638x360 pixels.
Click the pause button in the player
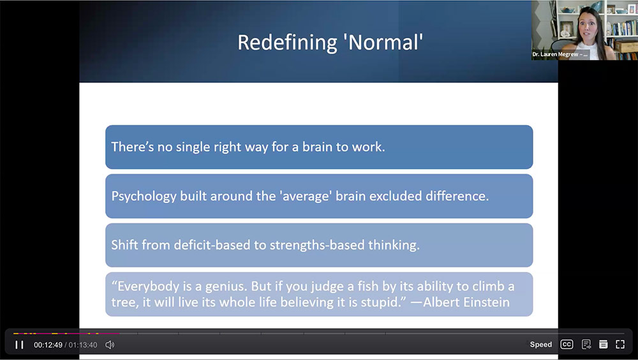coord(19,345)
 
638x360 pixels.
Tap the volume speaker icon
coord(110,345)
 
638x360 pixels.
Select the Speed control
coord(541,345)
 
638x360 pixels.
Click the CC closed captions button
coord(567,345)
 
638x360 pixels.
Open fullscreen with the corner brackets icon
coord(620,345)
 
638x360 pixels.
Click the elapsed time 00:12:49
coord(48,345)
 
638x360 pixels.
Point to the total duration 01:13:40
coord(83,345)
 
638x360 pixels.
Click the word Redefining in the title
coord(287,43)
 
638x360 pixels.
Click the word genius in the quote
coord(226,287)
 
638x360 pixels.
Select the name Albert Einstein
coord(466,302)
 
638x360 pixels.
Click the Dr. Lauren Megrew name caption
coord(560,54)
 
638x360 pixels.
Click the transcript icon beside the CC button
coord(586,345)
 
